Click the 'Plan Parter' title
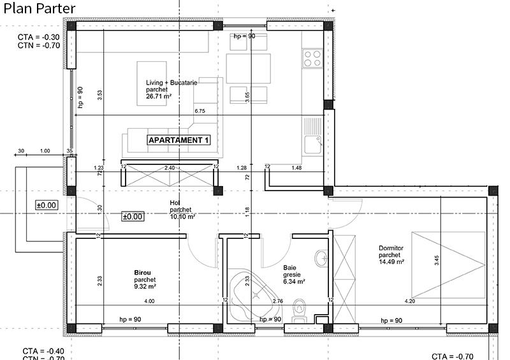coord(39,9)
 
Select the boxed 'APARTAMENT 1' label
coord(178,140)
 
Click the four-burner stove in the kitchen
coord(312,59)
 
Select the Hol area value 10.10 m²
coord(182,216)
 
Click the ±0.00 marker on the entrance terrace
coord(47,205)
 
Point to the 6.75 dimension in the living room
coord(199,111)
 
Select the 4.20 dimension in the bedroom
coord(410,301)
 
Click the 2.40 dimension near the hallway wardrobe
coord(170,168)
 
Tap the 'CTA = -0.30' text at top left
coord(38,36)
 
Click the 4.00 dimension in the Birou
coord(149,301)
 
